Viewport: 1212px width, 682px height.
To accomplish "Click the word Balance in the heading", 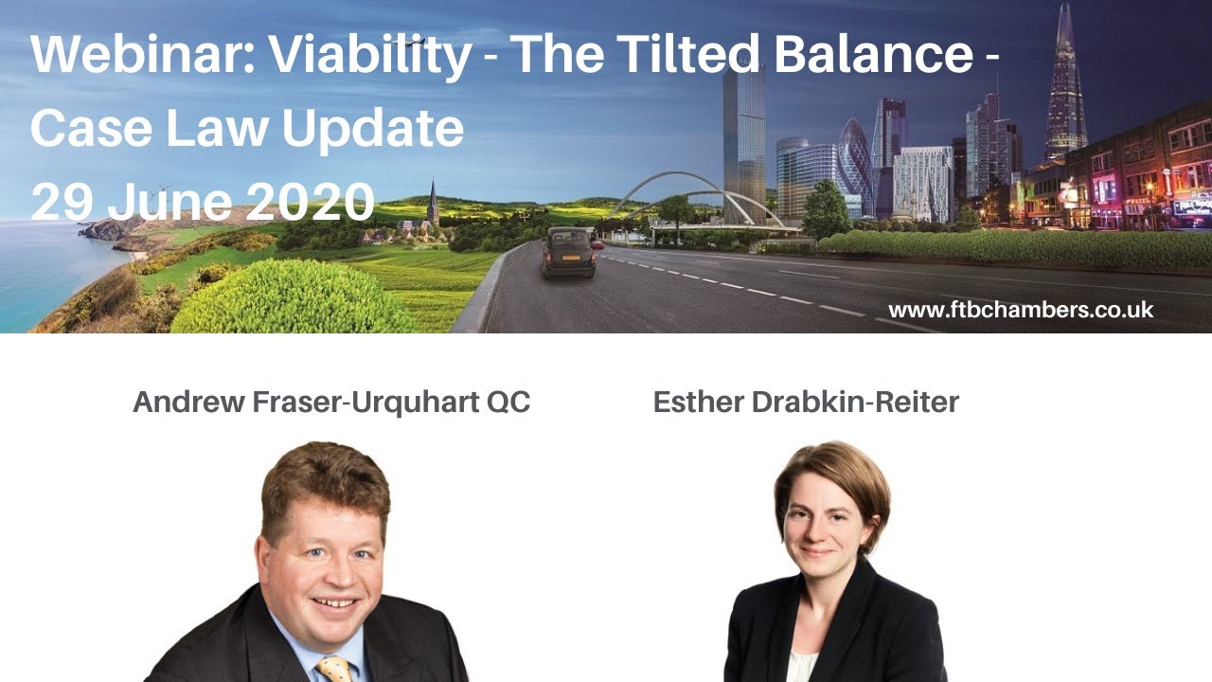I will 871,55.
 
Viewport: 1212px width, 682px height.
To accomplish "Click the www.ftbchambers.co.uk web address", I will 1021,310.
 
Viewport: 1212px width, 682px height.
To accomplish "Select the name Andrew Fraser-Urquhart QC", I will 331,402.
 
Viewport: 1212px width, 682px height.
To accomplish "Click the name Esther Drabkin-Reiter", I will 806,402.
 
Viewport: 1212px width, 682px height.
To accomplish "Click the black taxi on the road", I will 568,252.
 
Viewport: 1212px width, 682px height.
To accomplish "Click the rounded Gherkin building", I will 854,161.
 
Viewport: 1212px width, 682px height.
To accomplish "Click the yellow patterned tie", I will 333,669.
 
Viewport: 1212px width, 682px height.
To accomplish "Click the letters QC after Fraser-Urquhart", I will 508,402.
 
